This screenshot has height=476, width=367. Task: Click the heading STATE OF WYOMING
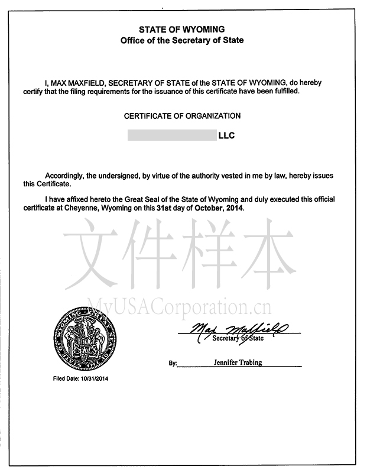pyautogui.click(x=181, y=30)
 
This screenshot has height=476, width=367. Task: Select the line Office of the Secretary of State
pyautogui.click(x=181, y=41)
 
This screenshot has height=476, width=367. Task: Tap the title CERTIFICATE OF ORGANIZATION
pyautogui.click(x=182, y=116)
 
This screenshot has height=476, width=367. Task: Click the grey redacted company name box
pyautogui.click(x=172, y=135)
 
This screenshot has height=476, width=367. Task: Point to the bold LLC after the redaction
pyautogui.click(x=227, y=135)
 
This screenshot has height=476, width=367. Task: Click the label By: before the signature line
pyautogui.click(x=173, y=364)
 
